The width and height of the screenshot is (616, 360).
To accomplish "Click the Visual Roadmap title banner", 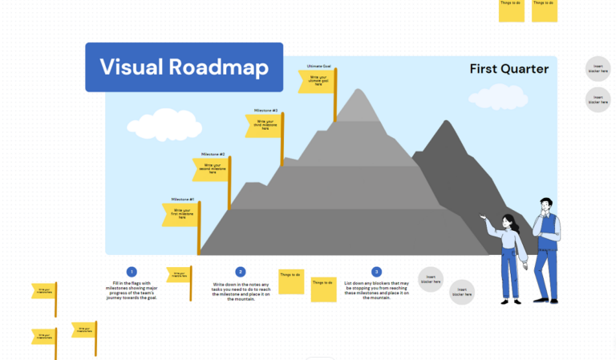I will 184,67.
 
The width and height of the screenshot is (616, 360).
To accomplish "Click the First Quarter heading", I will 509,69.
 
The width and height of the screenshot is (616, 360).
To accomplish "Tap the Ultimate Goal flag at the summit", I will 316,81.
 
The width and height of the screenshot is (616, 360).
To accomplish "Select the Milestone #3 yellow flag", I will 264,126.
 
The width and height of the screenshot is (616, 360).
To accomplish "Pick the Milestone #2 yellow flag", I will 210,169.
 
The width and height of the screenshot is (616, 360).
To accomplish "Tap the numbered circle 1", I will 132,272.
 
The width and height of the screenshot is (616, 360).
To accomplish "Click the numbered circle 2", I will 241,272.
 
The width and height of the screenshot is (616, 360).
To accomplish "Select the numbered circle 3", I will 376,272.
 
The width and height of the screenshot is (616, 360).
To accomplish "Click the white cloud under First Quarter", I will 498,97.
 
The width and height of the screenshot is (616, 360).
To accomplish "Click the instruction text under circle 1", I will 132,290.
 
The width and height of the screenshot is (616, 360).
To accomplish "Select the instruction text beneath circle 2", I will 241,293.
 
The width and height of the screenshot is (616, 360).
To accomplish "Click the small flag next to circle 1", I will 179,275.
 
